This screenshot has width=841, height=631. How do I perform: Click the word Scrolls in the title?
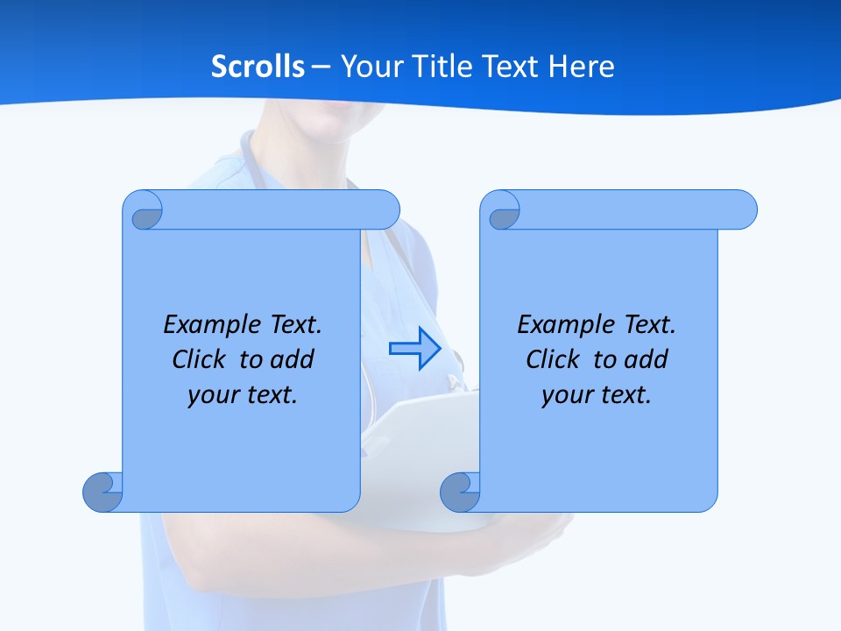[258, 67]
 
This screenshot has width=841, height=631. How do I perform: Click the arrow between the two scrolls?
[414, 349]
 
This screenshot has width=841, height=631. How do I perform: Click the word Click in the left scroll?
[197, 359]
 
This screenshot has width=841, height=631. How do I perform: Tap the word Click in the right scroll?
[552, 359]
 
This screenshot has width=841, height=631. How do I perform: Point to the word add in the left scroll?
[293, 359]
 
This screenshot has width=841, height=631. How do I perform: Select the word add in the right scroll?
[647, 359]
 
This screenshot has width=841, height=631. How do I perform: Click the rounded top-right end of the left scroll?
[385, 209]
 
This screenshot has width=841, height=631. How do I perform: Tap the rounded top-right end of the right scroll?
[743, 209]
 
